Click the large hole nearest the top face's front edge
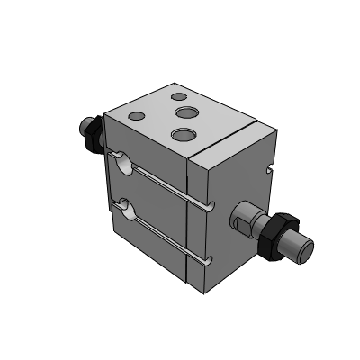183,134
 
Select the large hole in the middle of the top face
186,112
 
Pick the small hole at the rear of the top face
178,94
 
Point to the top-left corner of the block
106,114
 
